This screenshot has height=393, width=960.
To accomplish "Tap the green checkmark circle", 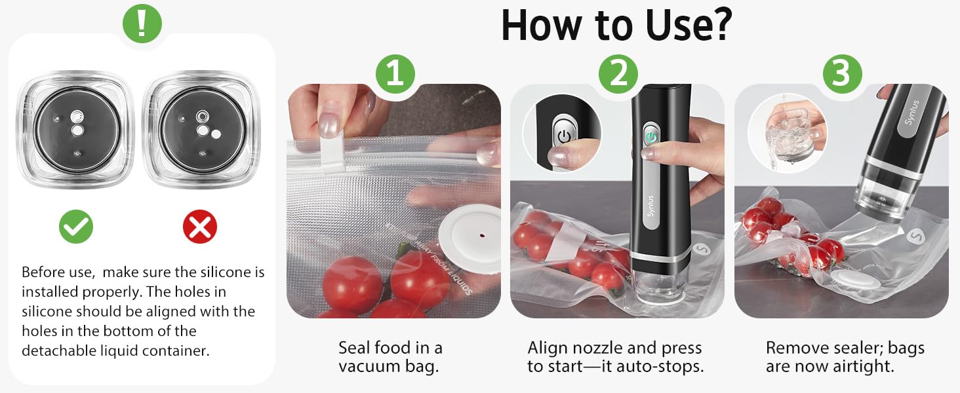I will coord(76,227).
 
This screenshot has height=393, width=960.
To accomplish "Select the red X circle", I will coord(199,227).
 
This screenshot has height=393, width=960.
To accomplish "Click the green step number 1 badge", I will coord(394,75).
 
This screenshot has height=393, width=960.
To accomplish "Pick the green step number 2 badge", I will coord(618,75).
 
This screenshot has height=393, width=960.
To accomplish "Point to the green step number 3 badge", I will coord(841,75).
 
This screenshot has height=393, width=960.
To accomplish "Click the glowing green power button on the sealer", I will coord(650,136).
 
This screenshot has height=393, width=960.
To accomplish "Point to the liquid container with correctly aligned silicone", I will coord(76,129).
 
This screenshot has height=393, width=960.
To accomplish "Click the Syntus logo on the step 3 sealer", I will coord(915,113).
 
